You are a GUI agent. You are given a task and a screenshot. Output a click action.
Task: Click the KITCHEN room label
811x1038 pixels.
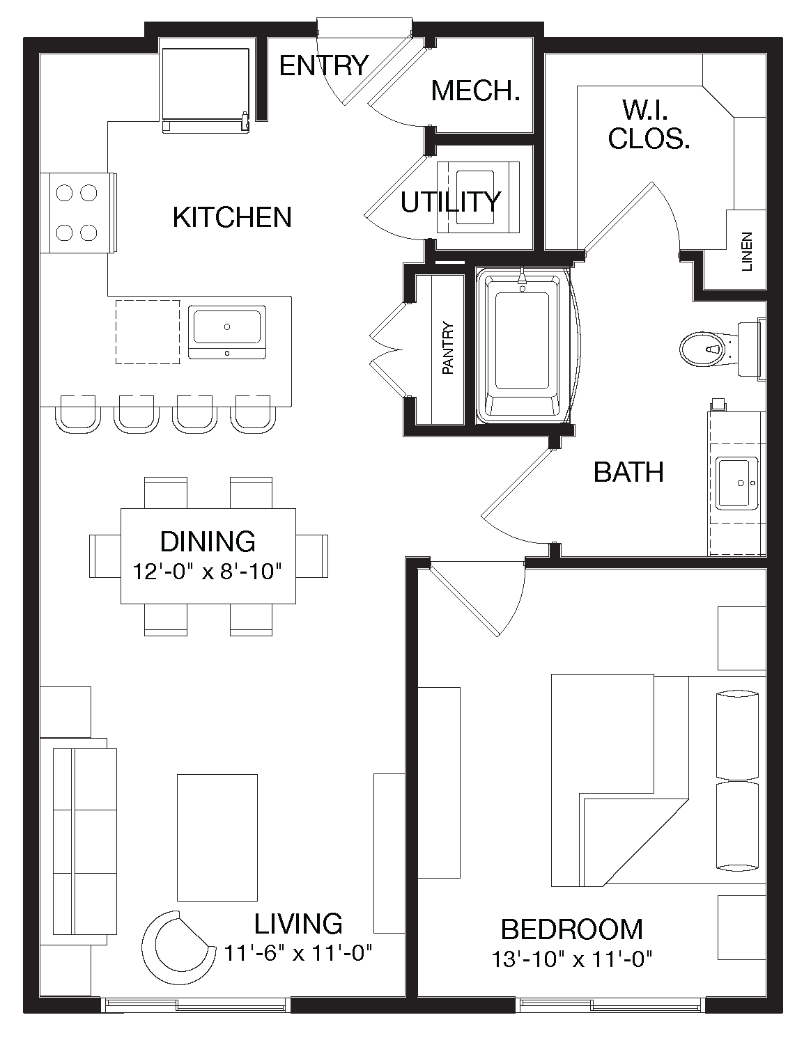(232, 217)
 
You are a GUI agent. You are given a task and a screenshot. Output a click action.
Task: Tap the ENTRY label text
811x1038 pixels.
(323, 65)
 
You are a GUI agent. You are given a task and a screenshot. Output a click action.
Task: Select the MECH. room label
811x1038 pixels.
(476, 91)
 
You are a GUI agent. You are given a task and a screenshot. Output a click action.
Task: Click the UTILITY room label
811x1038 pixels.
(451, 202)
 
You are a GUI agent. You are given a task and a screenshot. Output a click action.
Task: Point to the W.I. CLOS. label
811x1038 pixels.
(649, 125)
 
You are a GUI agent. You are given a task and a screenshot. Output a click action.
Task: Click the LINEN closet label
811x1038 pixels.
(748, 251)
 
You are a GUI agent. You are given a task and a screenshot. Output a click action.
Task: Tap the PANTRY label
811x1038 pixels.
(448, 348)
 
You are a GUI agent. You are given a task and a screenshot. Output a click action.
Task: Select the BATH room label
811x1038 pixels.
(628, 472)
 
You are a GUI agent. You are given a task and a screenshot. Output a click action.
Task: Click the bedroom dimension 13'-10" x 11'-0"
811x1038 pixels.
(572, 959)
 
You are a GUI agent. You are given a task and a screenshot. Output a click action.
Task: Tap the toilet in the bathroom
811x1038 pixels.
(704, 348)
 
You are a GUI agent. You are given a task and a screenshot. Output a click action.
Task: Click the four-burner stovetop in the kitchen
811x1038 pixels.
(77, 212)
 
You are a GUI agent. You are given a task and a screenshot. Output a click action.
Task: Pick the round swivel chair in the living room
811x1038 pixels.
(176, 945)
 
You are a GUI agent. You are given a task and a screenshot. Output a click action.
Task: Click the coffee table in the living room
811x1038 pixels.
(217, 838)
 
